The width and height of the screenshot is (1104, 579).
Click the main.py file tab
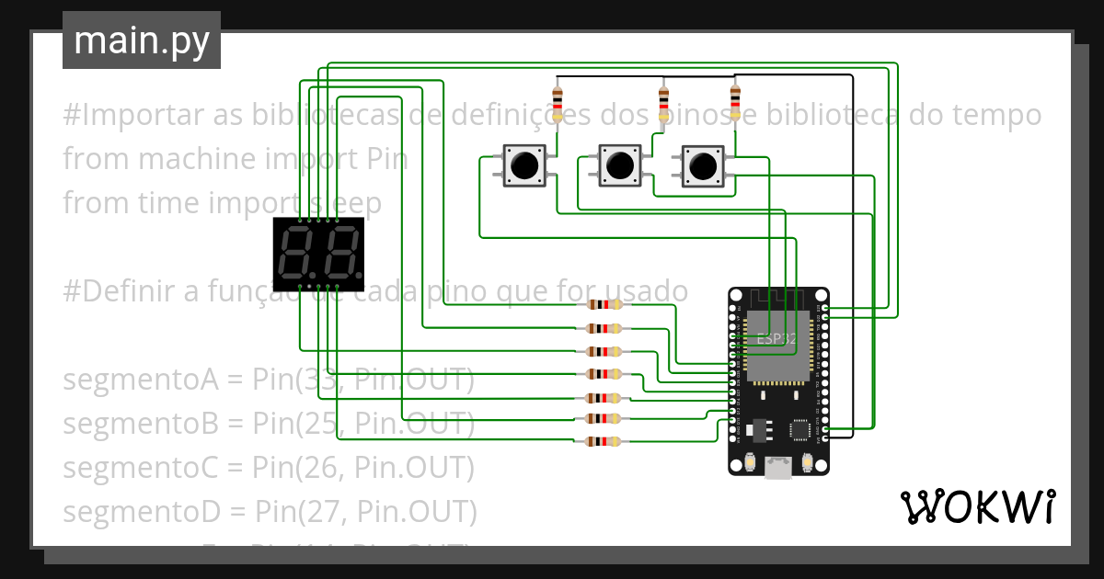[141, 40]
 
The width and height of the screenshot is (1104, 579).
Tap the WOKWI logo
[977, 506]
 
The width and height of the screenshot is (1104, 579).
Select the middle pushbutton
[617, 165]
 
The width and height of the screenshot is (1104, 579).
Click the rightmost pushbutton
[702, 165]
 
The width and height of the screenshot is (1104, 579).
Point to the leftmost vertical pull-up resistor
[557, 103]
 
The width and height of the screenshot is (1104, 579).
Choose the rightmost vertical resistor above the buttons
[734, 103]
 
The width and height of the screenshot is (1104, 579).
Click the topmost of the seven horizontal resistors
[604, 305]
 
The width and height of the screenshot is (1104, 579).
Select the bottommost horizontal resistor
[604, 442]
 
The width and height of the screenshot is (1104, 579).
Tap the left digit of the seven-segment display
[298, 255]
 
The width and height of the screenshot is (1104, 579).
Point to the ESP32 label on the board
[776, 338]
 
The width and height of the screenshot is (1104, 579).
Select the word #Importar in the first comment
[122, 115]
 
